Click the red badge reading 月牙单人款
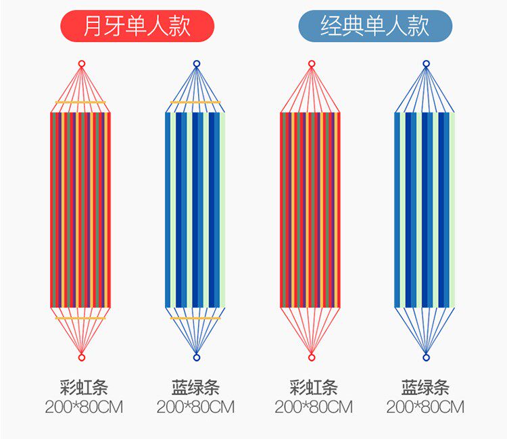137,26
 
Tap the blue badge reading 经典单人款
375,26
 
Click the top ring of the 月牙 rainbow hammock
82,64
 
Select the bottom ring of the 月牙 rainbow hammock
82,357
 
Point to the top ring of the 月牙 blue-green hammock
197,64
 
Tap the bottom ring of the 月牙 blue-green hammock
197,357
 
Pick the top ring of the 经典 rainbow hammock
312,64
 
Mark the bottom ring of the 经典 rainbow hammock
312,357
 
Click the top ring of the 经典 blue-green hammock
426,64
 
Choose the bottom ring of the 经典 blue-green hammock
426,357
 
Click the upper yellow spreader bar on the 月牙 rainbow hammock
81,103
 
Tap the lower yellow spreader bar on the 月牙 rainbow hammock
81,317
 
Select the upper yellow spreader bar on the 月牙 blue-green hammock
196,103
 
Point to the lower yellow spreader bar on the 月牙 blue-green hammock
196,317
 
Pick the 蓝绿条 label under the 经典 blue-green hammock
425,388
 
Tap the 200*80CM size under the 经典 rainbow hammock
314,407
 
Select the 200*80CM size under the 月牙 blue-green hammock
195,407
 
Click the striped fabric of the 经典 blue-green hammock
425,209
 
